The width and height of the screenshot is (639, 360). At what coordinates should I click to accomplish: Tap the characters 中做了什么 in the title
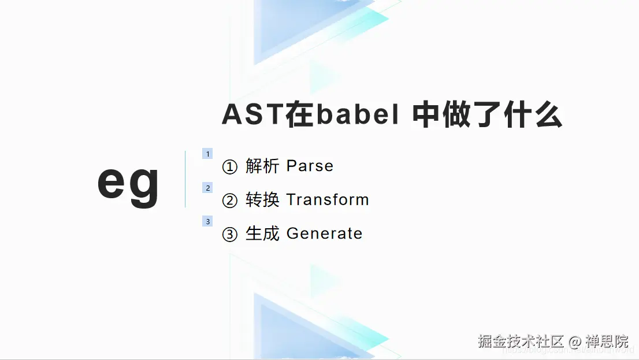487,115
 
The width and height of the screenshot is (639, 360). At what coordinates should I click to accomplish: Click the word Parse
310,166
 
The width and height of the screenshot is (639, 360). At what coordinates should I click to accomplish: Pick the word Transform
328,200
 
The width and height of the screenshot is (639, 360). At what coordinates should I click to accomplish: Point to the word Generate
324,233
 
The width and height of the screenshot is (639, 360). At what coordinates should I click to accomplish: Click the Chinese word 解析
262,166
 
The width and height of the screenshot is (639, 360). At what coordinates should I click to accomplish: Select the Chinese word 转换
262,200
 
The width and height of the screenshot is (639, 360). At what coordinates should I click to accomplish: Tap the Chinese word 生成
262,233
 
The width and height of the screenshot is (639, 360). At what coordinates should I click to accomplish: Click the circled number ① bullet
230,168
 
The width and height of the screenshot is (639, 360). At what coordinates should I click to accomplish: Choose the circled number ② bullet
230,201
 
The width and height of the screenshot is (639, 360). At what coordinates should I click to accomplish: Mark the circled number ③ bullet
230,235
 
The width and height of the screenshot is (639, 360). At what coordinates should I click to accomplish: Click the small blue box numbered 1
207,154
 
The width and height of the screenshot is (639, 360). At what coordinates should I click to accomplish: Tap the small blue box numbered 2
207,188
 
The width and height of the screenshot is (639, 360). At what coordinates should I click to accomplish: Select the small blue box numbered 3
207,221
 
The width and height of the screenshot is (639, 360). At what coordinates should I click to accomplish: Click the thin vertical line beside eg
185,179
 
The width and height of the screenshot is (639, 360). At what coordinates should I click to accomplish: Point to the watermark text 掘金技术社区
521,341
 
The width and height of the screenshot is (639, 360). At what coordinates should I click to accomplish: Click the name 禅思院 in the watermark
607,341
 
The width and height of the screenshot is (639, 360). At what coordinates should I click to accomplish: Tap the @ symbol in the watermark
575,342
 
